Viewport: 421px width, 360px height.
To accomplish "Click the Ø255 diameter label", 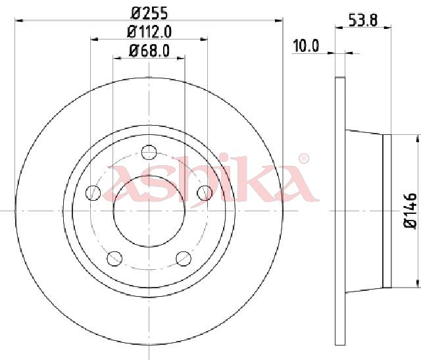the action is click(149, 13).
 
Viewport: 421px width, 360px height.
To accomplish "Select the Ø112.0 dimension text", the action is click(149, 32).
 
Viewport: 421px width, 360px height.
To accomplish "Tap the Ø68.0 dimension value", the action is click(149, 51).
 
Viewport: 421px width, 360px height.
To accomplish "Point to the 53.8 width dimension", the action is click(363, 20).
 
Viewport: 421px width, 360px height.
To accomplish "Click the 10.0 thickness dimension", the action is click(306, 45).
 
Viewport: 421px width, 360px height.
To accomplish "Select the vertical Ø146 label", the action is click(410, 211).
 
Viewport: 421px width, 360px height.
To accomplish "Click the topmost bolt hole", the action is click(149, 152).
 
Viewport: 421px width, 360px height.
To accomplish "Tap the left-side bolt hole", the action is click(93, 193).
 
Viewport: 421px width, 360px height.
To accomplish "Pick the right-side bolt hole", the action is click(205, 193).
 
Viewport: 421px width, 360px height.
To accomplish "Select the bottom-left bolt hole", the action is click(114, 259).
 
